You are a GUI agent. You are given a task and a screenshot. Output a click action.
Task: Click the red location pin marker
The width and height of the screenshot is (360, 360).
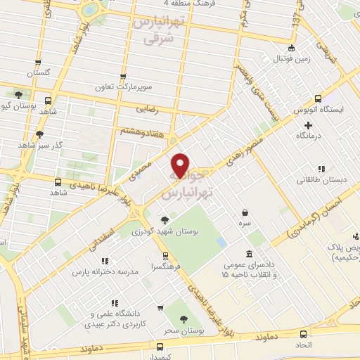coord(181,165)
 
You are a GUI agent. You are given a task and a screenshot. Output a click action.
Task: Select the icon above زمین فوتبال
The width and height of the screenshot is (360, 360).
coord(292,49)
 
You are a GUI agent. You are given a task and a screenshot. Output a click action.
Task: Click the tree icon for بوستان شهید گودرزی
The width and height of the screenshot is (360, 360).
coord(165,220)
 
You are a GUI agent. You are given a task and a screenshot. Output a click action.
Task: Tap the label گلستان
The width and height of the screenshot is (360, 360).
coord(40,73)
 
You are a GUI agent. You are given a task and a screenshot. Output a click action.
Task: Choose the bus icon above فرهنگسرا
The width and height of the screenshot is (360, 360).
coord(165,256)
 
